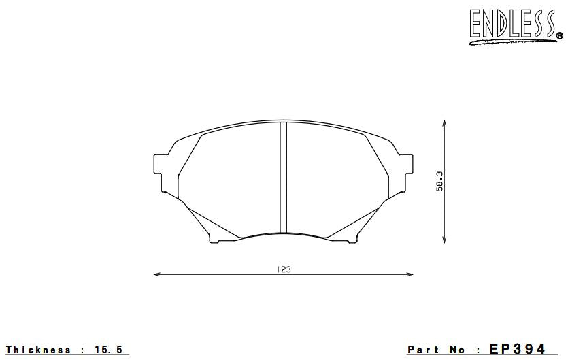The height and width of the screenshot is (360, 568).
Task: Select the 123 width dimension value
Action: [284, 269]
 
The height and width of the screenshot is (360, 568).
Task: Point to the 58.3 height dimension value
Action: [439, 181]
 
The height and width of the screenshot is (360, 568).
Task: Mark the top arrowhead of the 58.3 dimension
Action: [444, 124]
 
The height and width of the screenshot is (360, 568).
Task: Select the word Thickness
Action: [38, 350]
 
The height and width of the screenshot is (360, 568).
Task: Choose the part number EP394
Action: [517, 349]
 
